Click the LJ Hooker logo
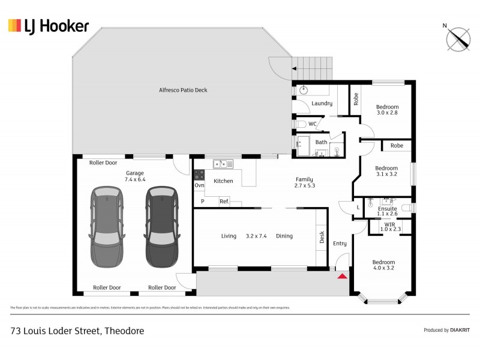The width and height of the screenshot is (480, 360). [x=48, y=25]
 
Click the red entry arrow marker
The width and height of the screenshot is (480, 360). [x=343, y=276]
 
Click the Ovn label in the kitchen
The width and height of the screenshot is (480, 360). [x=200, y=185]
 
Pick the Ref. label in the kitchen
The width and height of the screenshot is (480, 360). [x=224, y=202]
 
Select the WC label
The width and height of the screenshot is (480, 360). [x=312, y=124]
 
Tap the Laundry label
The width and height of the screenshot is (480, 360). [x=322, y=103]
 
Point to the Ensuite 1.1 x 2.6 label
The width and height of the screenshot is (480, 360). [x=387, y=211]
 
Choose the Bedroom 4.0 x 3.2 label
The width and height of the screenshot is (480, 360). [x=383, y=266]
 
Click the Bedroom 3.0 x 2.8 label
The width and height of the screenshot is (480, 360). [x=387, y=110]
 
